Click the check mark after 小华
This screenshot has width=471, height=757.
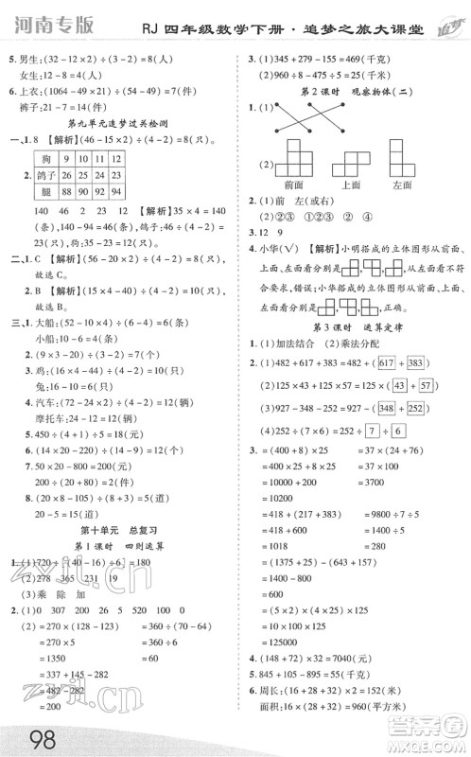pos(295,251)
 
